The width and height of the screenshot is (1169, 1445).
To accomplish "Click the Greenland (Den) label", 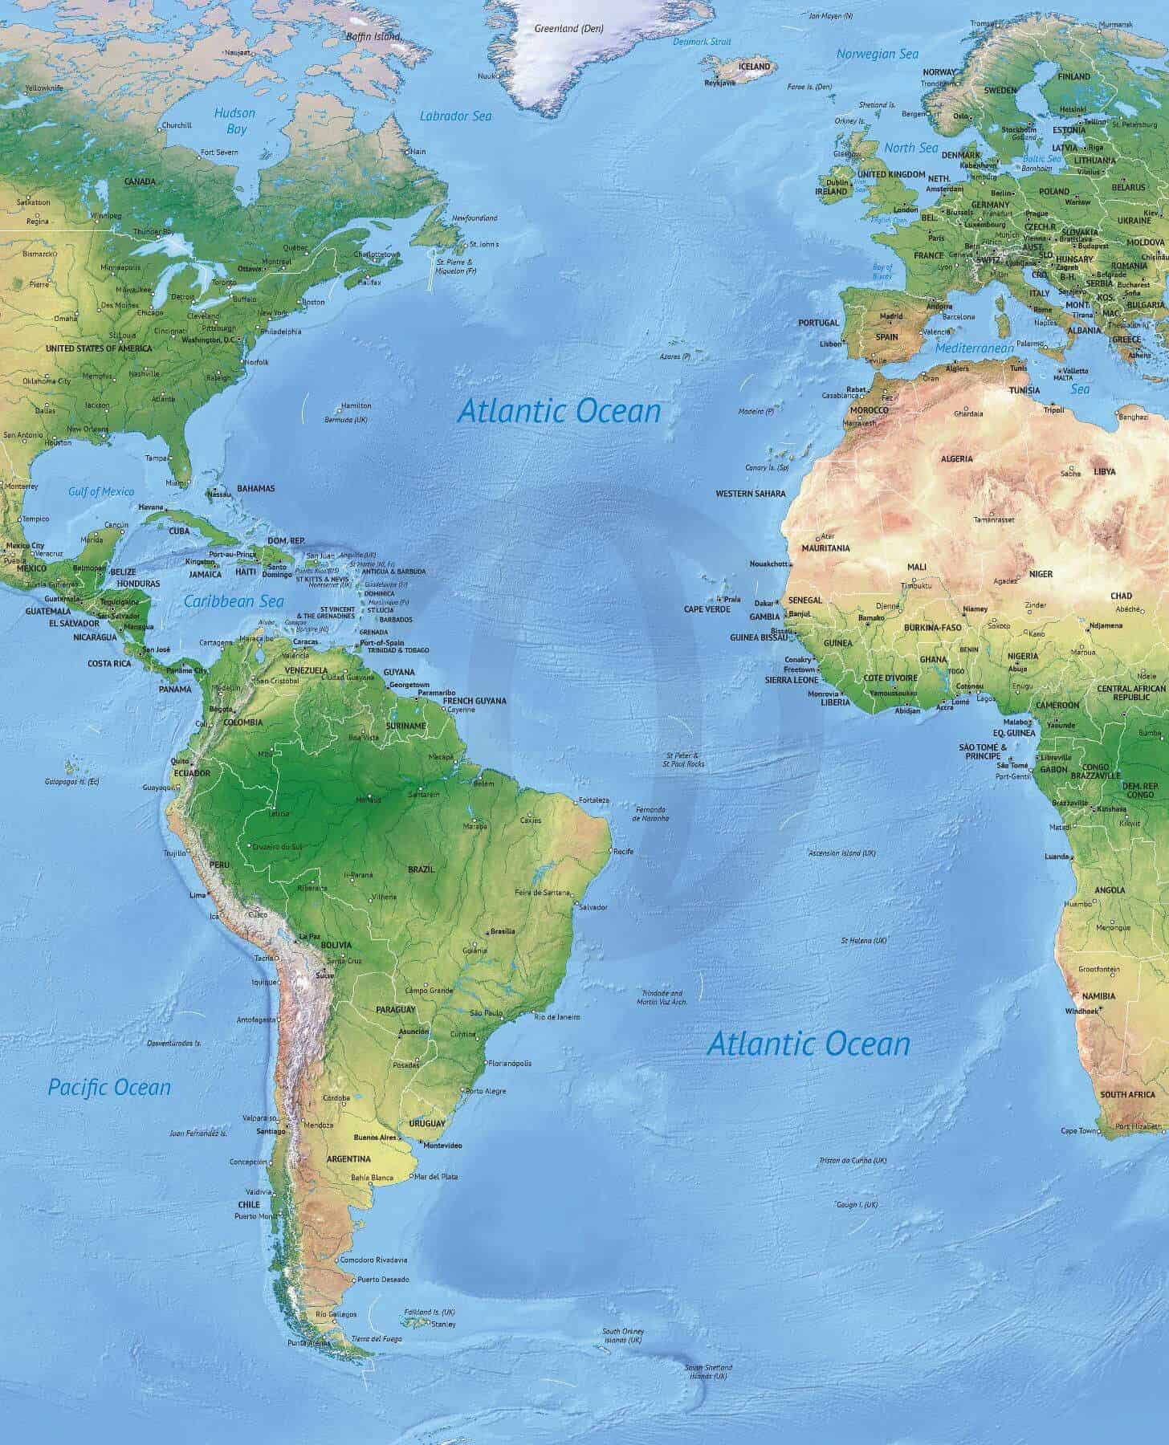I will click(x=568, y=28).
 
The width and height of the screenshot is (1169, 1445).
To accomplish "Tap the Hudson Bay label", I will click(x=234, y=121).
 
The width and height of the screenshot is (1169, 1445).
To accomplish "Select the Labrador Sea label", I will click(x=455, y=116).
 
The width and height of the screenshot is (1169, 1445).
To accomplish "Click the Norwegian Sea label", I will click(x=877, y=54).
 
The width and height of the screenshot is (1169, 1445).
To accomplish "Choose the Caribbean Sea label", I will click(x=234, y=601).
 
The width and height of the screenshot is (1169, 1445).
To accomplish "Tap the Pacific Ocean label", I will click(x=109, y=1088).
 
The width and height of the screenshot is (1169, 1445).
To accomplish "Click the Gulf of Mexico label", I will click(x=101, y=491).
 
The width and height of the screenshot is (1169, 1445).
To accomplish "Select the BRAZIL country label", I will click(x=421, y=869).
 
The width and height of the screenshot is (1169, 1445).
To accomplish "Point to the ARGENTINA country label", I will click(x=348, y=1159).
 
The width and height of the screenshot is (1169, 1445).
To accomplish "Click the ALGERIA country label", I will click(x=956, y=458).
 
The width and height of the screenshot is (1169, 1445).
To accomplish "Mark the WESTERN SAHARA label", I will click(x=750, y=494).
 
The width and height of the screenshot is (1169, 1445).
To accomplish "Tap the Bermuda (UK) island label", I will click(x=346, y=420).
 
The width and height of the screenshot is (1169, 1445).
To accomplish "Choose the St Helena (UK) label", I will click(x=863, y=940).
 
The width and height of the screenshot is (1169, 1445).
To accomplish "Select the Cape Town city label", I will click(x=1078, y=1131).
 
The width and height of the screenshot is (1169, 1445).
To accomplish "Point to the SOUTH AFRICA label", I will click(x=1127, y=1095).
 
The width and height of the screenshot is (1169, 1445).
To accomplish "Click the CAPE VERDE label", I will click(x=707, y=609).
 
